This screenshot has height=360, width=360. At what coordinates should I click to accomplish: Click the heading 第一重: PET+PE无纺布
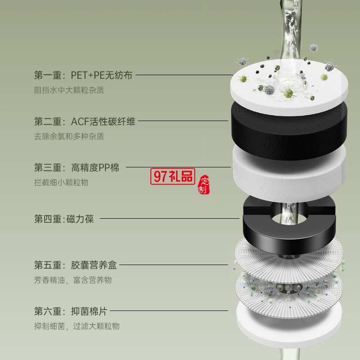(83, 75)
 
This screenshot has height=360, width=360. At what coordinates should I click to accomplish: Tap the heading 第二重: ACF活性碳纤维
(85, 121)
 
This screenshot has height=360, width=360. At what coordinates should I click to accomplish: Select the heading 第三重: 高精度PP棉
(76, 167)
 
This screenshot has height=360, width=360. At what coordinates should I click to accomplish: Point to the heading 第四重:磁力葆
(64, 219)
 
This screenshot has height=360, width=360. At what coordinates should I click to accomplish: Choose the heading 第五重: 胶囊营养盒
(76, 265)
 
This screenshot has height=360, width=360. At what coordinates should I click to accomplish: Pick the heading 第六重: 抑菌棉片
(71, 311)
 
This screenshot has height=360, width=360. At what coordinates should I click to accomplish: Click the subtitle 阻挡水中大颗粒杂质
(69, 90)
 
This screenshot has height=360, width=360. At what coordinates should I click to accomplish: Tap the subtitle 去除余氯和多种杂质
(69, 136)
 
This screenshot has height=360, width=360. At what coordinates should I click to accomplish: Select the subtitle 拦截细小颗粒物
(61, 183)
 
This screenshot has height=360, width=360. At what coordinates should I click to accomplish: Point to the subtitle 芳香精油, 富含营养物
(73, 280)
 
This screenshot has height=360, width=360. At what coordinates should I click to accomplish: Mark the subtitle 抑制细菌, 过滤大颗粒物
(77, 326)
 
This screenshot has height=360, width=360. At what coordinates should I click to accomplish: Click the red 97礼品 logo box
(173, 176)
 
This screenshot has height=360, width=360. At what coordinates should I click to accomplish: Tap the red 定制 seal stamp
(204, 185)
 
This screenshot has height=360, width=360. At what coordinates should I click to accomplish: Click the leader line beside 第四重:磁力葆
(170, 218)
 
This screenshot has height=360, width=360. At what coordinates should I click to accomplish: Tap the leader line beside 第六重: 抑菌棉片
(169, 311)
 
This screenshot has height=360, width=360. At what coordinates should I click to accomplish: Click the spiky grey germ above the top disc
(314, 48)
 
